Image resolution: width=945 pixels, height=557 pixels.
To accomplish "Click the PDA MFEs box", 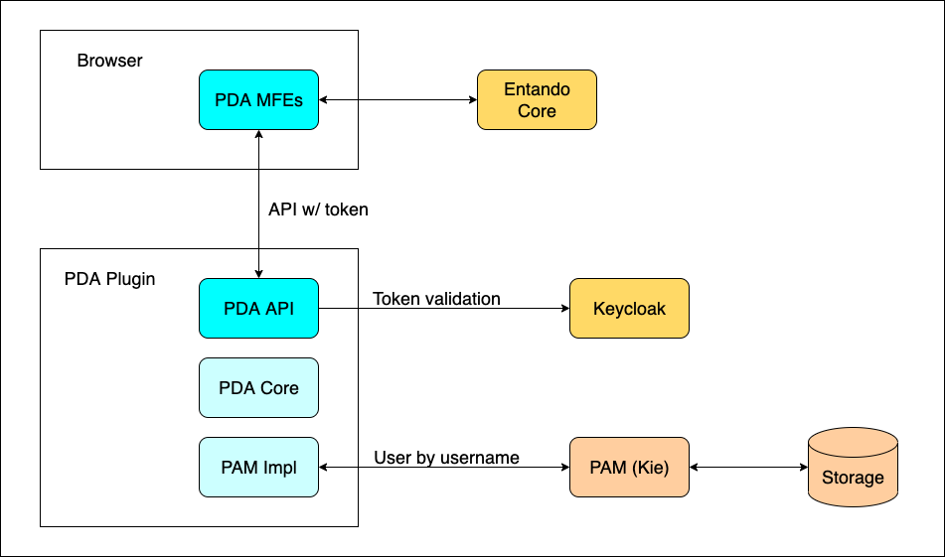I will [x=258, y=99].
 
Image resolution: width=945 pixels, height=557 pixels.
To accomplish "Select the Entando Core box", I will [x=537, y=99].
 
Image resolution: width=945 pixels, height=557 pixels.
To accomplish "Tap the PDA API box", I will [x=258, y=308].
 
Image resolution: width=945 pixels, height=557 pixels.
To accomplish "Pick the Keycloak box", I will [x=629, y=308].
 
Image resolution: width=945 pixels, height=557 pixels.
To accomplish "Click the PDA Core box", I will [x=258, y=387].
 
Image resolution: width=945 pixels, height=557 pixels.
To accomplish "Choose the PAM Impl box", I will [x=258, y=467].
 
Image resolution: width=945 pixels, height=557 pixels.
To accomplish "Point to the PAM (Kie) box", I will [x=629, y=467].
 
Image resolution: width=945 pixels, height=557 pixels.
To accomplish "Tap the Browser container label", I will [x=109, y=61].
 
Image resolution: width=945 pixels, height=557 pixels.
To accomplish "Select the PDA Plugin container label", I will [x=109, y=278].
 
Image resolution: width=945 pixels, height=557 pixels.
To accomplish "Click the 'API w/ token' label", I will [x=319, y=209].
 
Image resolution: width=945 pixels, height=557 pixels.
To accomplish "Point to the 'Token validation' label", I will [x=436, y=298].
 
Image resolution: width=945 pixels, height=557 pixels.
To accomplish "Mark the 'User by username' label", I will [x=446, y=458].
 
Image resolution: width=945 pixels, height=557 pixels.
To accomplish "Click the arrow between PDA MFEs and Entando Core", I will [x=397, y=99].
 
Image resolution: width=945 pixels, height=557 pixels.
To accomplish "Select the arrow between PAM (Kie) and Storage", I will [x=748, y=467].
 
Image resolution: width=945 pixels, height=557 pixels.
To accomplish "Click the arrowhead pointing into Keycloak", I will [x=563, y=308].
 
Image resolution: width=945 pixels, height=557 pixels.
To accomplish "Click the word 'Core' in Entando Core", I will [x=537, y=110].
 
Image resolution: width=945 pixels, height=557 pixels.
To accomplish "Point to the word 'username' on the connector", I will [x=482, y=458].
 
